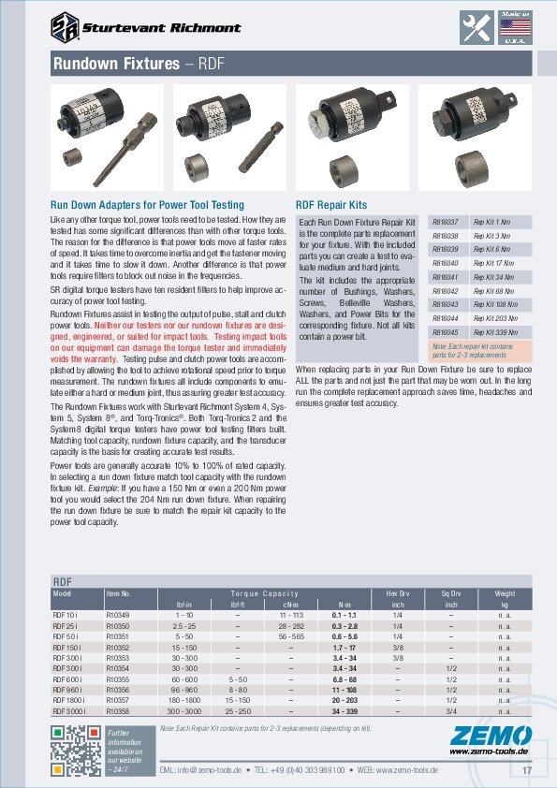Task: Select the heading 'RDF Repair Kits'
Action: point(331,204)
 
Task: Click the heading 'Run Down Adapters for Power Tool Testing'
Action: point(146,204)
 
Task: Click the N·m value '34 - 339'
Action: point(344,711)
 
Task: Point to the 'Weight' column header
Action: point(505,593)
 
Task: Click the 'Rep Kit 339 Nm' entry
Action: point(494,332)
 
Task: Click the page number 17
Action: point(526,770)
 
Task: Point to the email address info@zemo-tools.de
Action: point(200,770)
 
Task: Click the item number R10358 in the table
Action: point(118,711)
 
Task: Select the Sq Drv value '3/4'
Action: point(450,711)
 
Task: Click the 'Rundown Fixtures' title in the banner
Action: point(115,64)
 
